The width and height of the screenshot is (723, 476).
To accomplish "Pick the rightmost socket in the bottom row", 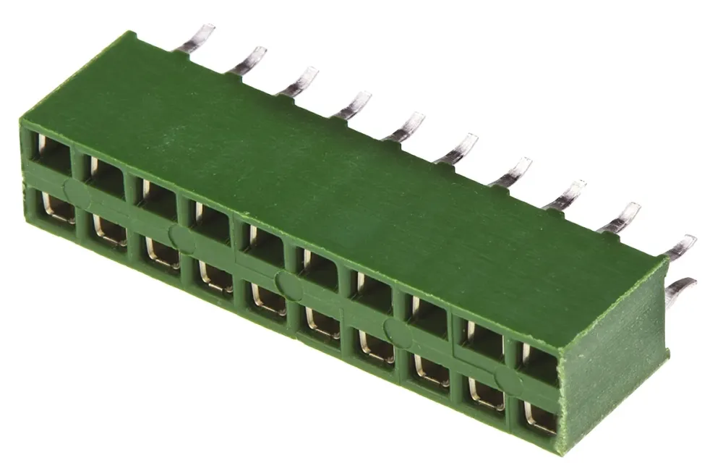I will pos(539,417).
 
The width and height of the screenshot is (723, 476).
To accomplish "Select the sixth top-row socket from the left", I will pos(318,269).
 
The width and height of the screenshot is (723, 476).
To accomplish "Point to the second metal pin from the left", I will pos(247,60).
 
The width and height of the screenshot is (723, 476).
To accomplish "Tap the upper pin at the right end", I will pos(680,247).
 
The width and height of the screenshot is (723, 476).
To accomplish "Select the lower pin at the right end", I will pos(680,289).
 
